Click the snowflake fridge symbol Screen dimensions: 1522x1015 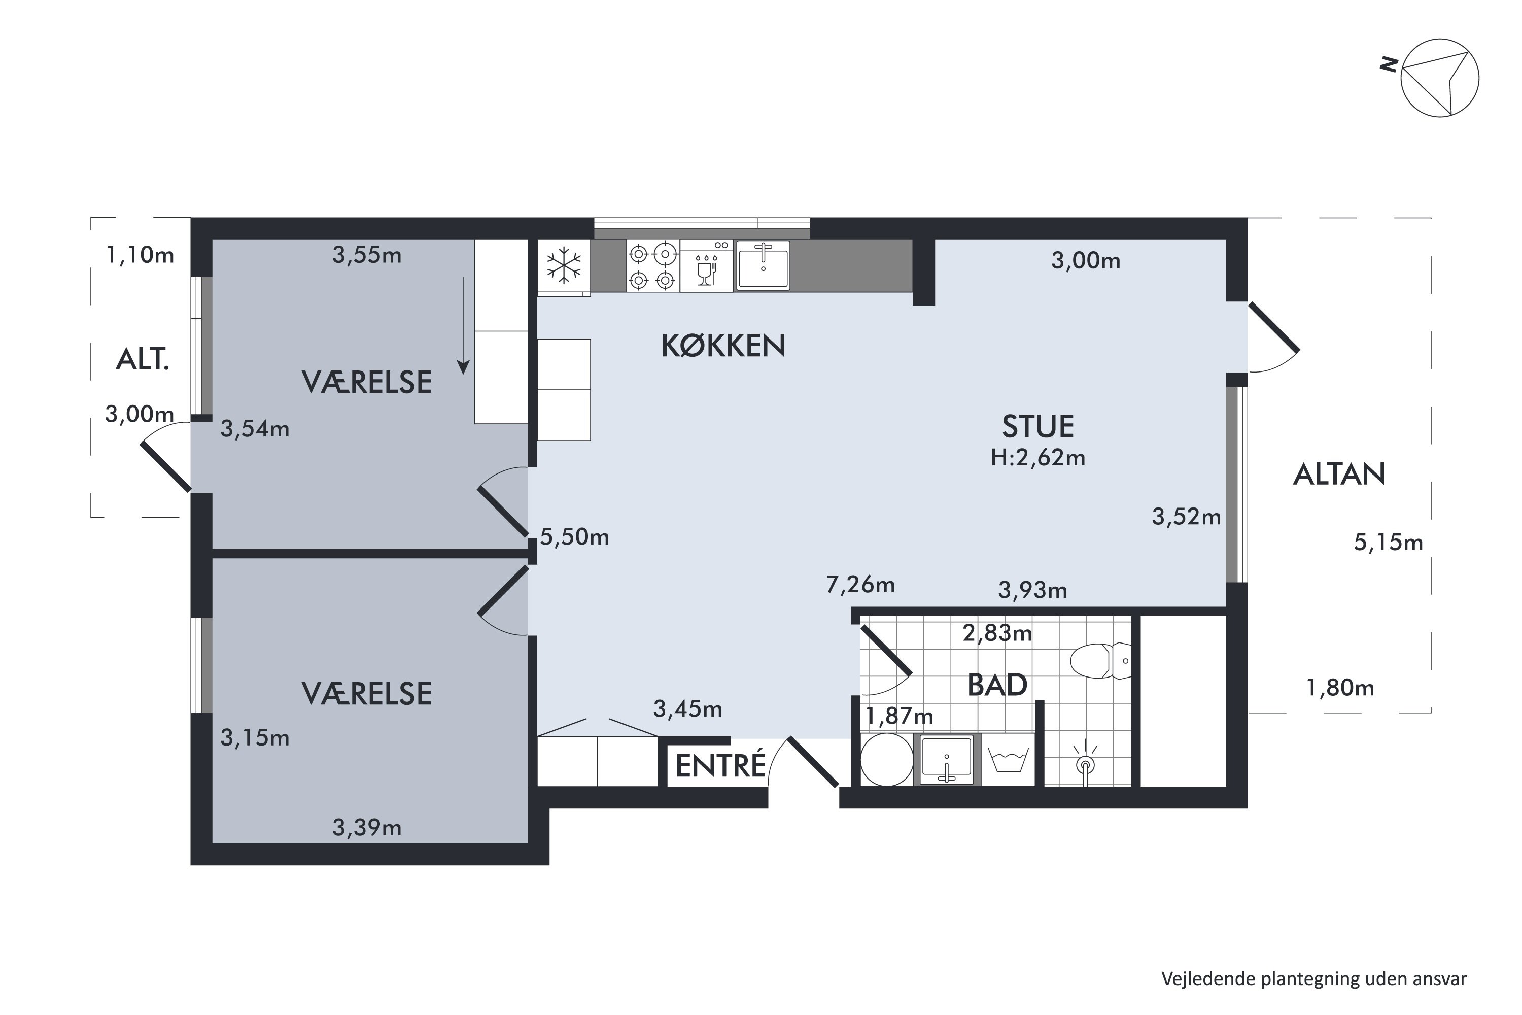pos(564,266)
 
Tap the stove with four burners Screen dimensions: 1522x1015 pos(652,266)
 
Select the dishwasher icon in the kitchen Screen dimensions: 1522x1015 pos(707,266)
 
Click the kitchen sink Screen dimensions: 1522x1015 pos(763,264)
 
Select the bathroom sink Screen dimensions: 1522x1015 pos(947,759)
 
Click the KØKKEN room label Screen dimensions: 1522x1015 pos(723,346)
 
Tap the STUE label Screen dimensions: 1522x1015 pos(1038,427)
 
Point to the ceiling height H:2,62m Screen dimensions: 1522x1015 pos(1038,458)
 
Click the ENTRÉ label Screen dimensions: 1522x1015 pos(721,766)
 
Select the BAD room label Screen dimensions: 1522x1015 pos(997,685)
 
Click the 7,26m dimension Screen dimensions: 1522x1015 pos(860,585)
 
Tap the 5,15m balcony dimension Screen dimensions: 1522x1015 pos(1389,542)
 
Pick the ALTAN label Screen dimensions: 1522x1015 pos(1339,475)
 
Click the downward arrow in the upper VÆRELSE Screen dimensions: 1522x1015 pos(463,326)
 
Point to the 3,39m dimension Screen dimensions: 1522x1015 pos(367,827)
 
